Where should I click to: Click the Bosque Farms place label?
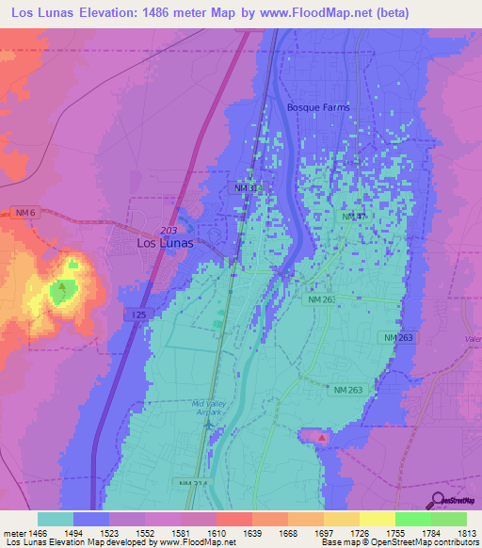point(317,107)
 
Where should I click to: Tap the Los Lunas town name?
point(165,242)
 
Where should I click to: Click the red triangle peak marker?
point(322,437)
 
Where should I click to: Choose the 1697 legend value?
point(324,532)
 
